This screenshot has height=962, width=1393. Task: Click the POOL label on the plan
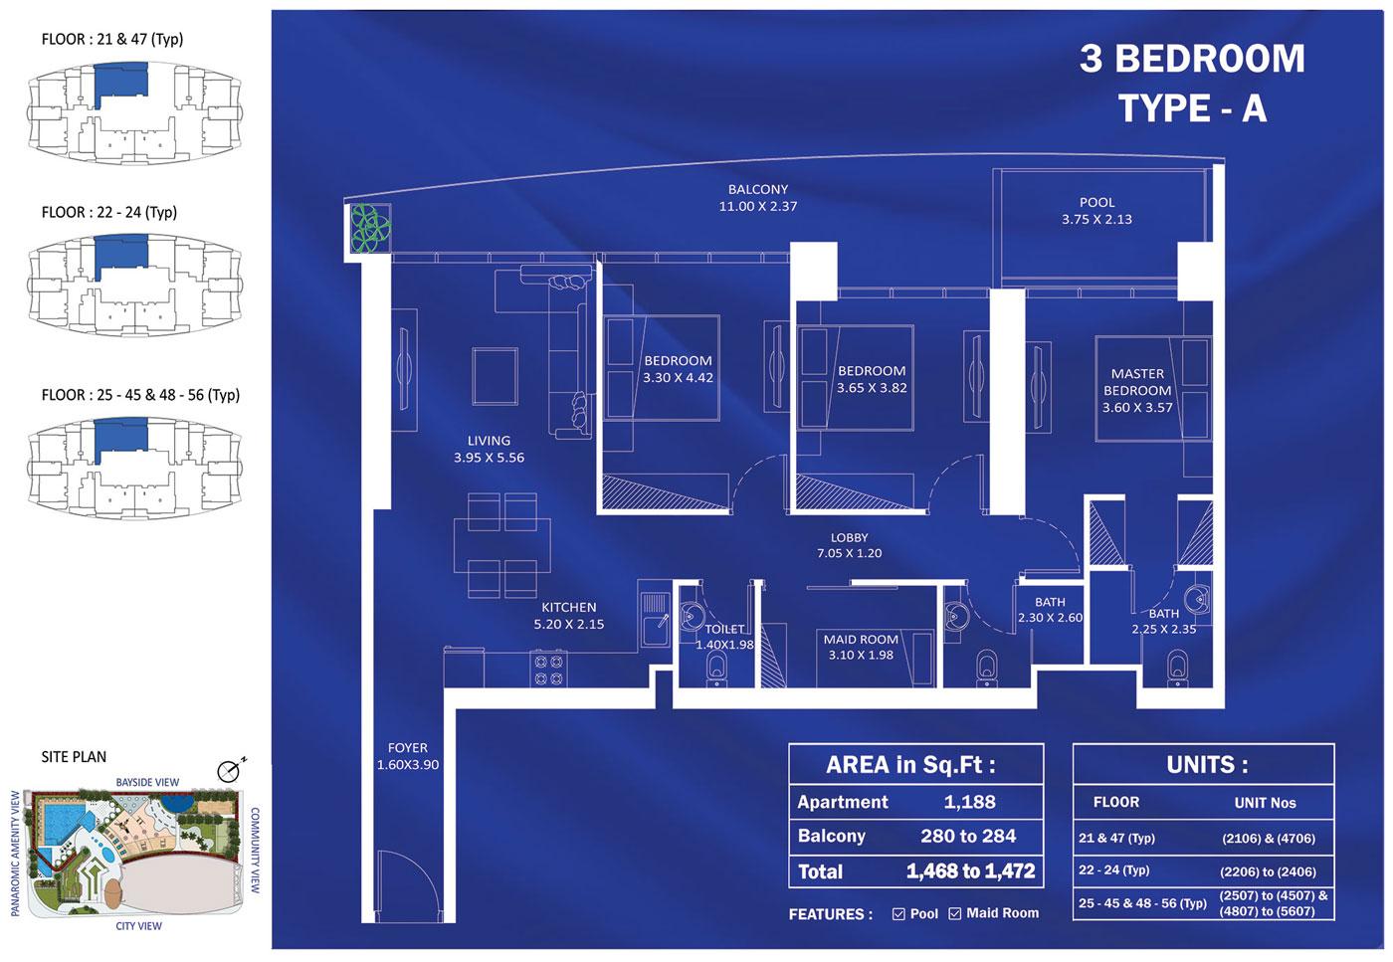pos(1096,211)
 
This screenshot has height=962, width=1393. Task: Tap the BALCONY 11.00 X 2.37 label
pos(757,198)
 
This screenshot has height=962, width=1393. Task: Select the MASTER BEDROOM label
pos(1137,391)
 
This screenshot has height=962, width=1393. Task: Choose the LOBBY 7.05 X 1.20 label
pos(849,545)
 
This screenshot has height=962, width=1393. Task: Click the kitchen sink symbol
pos(655,630)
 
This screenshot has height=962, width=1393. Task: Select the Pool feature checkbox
pos(898,913)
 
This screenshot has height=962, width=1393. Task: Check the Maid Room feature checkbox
pos(954,913)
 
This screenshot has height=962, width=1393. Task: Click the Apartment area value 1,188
pos(969,802)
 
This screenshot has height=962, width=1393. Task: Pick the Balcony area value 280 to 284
pos(968,836)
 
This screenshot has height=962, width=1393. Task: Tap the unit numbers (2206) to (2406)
pos(1268,871)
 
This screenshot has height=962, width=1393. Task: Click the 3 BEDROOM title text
pos(1192,59)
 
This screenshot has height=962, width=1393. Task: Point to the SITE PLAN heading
pos(74,757)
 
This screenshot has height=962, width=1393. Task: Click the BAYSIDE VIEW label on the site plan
pos(147,782)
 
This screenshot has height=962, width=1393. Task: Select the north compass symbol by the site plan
pos(230,770)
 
